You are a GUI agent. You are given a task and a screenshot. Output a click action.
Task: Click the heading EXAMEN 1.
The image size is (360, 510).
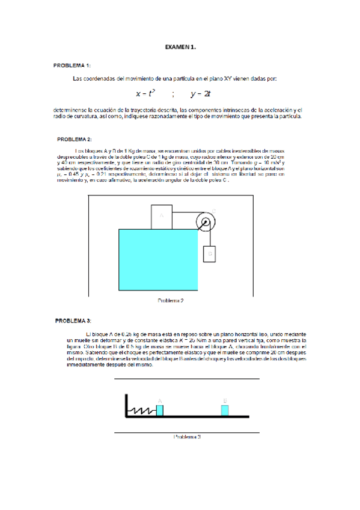click(x=180, y=46)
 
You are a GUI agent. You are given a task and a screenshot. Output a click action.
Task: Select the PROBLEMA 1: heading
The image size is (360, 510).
click(x=72, y=65)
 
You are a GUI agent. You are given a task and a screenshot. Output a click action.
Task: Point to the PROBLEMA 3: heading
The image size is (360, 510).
click(x=73, y=321)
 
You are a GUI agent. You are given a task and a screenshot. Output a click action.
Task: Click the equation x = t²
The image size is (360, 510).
click(x=145, y=93)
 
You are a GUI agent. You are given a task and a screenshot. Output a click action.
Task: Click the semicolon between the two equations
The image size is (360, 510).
click(x=173, y=94)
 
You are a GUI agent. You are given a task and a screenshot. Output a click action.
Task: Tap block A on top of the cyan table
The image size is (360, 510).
click(x=161, y=200)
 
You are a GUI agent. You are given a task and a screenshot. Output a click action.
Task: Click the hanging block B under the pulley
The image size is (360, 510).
click(x=210, y=254)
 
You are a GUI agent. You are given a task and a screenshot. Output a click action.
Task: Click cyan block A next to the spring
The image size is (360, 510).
click(x=160, y=410)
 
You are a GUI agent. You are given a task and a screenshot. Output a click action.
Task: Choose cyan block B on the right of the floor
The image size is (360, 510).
click(x=225, y=410)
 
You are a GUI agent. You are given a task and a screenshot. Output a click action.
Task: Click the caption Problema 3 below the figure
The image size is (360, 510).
click(x=187, y=437)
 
